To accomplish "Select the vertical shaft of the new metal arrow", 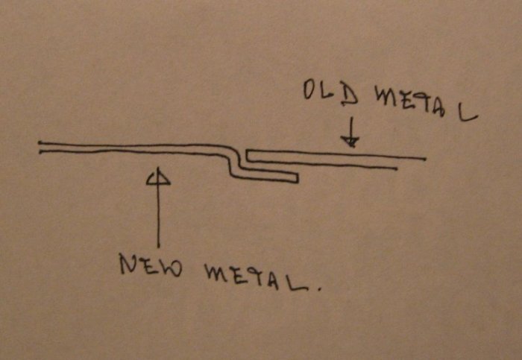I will pyautogui.click(x=158, y=216).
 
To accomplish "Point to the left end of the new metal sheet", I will pyautogui.click(x=40, y=147).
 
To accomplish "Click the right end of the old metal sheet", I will pyautogui.click(x=424, y=159).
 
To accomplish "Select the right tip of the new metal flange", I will pyautogui.click(x=298, y=178).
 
